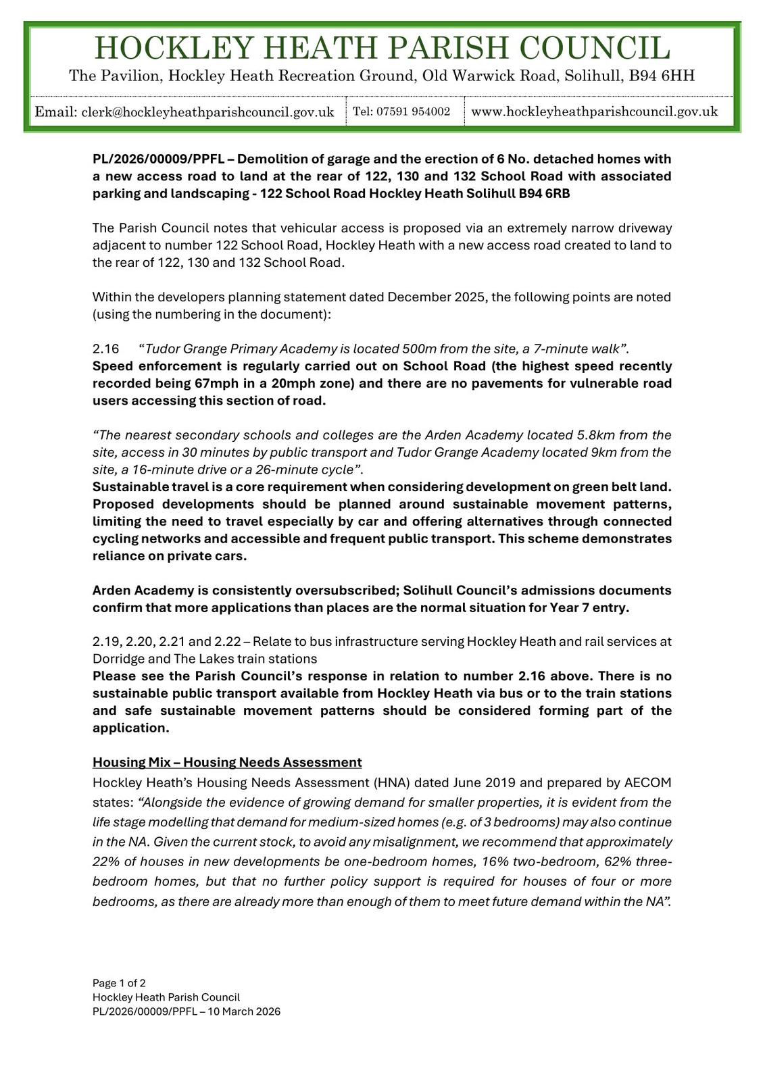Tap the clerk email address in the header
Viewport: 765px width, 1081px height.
pyautogui.click(x=207, y=112)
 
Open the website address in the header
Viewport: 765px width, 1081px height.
pyautogui.click(x=594, y=111)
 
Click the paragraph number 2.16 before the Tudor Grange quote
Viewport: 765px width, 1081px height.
pyautogui.click(x=105, y=349)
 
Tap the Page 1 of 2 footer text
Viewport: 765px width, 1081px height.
pyautogui.click(x=119, y=983)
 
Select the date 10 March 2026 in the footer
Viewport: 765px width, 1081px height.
pyautogui.click(x=242, y=1011)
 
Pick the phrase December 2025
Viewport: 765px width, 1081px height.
pyautogui.click(x=437, y=297)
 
